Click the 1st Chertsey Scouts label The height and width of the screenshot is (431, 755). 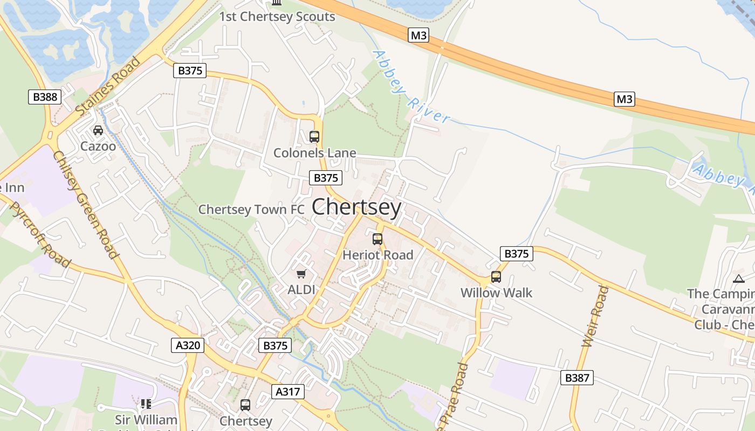point(277,17)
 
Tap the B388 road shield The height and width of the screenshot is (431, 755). point(45,97)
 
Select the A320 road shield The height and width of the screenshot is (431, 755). point(188,345)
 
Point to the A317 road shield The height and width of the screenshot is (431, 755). point(287,392)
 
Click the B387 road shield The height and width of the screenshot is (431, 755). point(577,378)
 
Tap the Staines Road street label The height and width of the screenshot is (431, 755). point(108,86)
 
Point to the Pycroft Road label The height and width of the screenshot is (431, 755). point(40,235)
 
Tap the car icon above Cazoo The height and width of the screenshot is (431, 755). point(98,130)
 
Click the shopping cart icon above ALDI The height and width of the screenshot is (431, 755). point(301,274)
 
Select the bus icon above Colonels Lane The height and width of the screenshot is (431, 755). point(314,137)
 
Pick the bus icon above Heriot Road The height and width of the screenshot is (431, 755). point(377,239)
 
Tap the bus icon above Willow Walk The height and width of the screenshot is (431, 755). point(496,277)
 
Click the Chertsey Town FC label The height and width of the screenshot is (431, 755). point(251,210)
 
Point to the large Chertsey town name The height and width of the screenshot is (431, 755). point(356,207)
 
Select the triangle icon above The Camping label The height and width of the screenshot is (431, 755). point(738,279)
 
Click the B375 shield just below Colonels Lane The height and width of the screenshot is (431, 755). point(326,178)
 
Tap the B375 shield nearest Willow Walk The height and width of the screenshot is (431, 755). point(516,254)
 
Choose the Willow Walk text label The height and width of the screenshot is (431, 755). point(496,293)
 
